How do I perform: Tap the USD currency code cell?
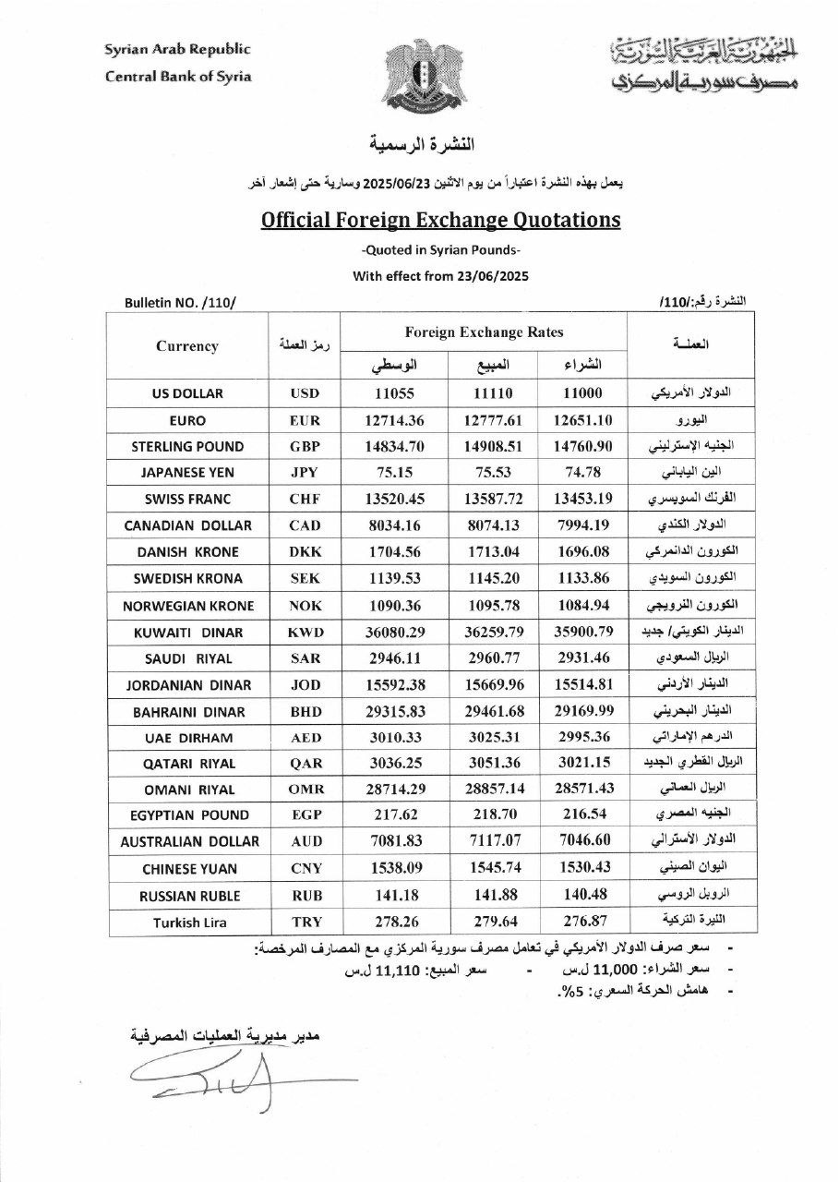tap(304, 393)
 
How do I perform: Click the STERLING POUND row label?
tap(187, 447)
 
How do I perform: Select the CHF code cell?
tap(304, 500)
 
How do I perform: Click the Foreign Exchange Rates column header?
tap(484, 332)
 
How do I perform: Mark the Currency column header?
tap(187, 346)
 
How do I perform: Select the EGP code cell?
tap(304, 815)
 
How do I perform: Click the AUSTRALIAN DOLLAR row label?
tap(187, 842)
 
